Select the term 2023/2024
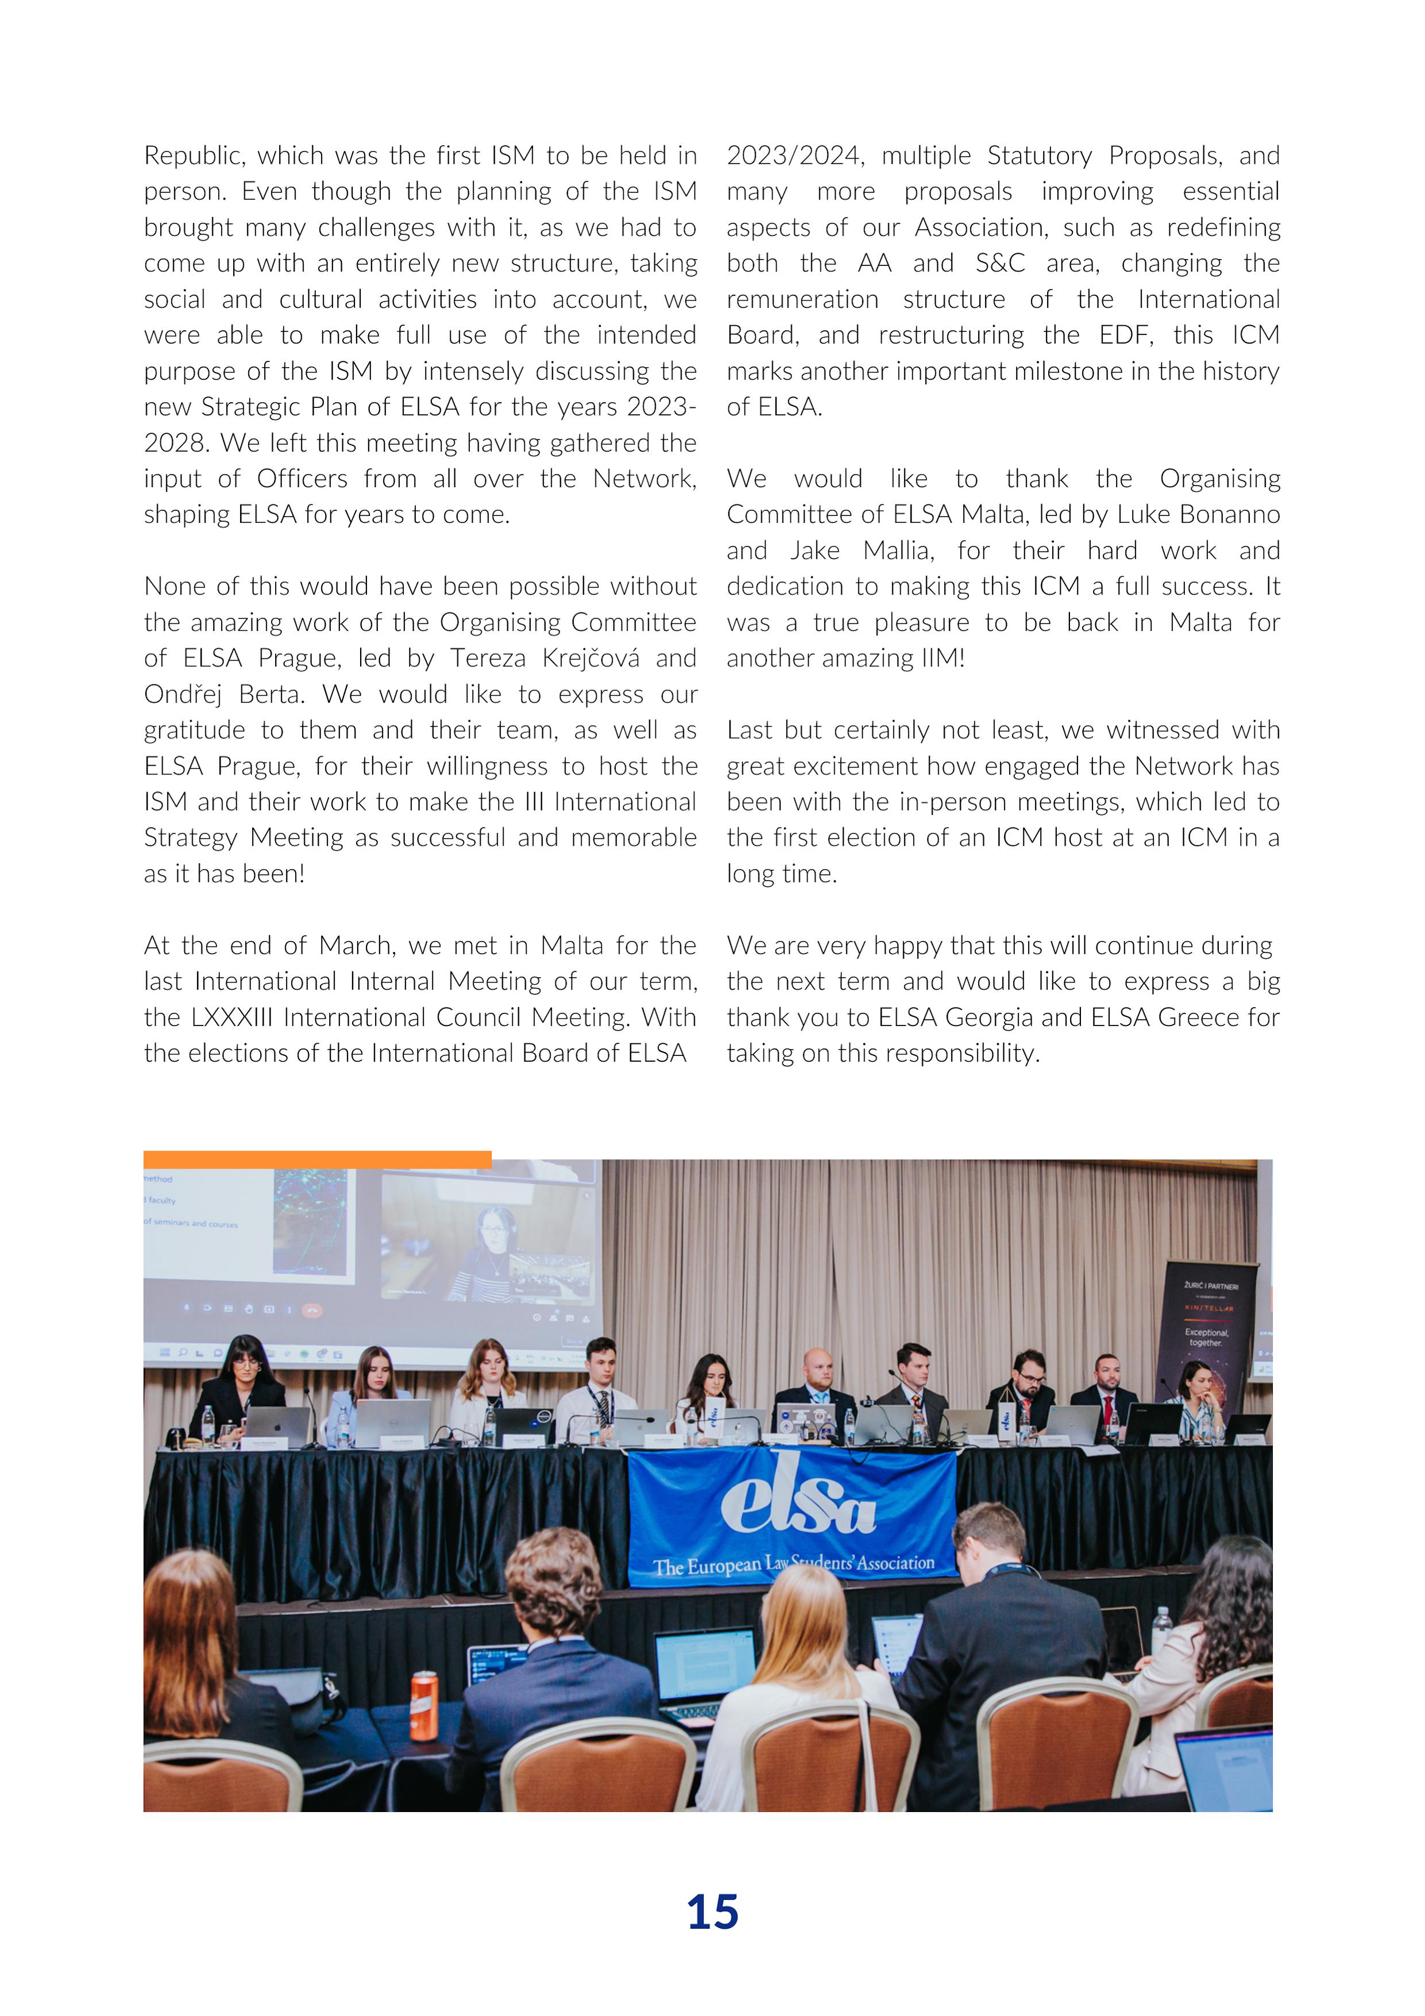point(794,156)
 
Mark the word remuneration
point(802,299)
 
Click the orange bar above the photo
point(317,1159)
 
